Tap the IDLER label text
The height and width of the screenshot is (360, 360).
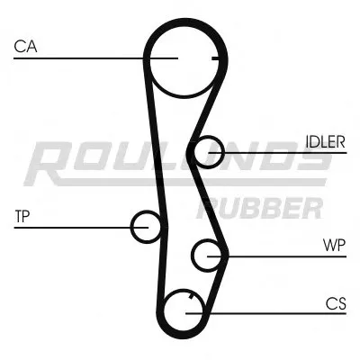pos(324,141)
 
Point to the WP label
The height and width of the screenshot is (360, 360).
pos(334,244)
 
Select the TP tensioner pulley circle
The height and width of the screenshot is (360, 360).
pos(146,226)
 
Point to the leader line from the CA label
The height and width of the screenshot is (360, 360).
pos(81,58)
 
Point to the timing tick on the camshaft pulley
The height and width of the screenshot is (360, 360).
pos(215,59)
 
